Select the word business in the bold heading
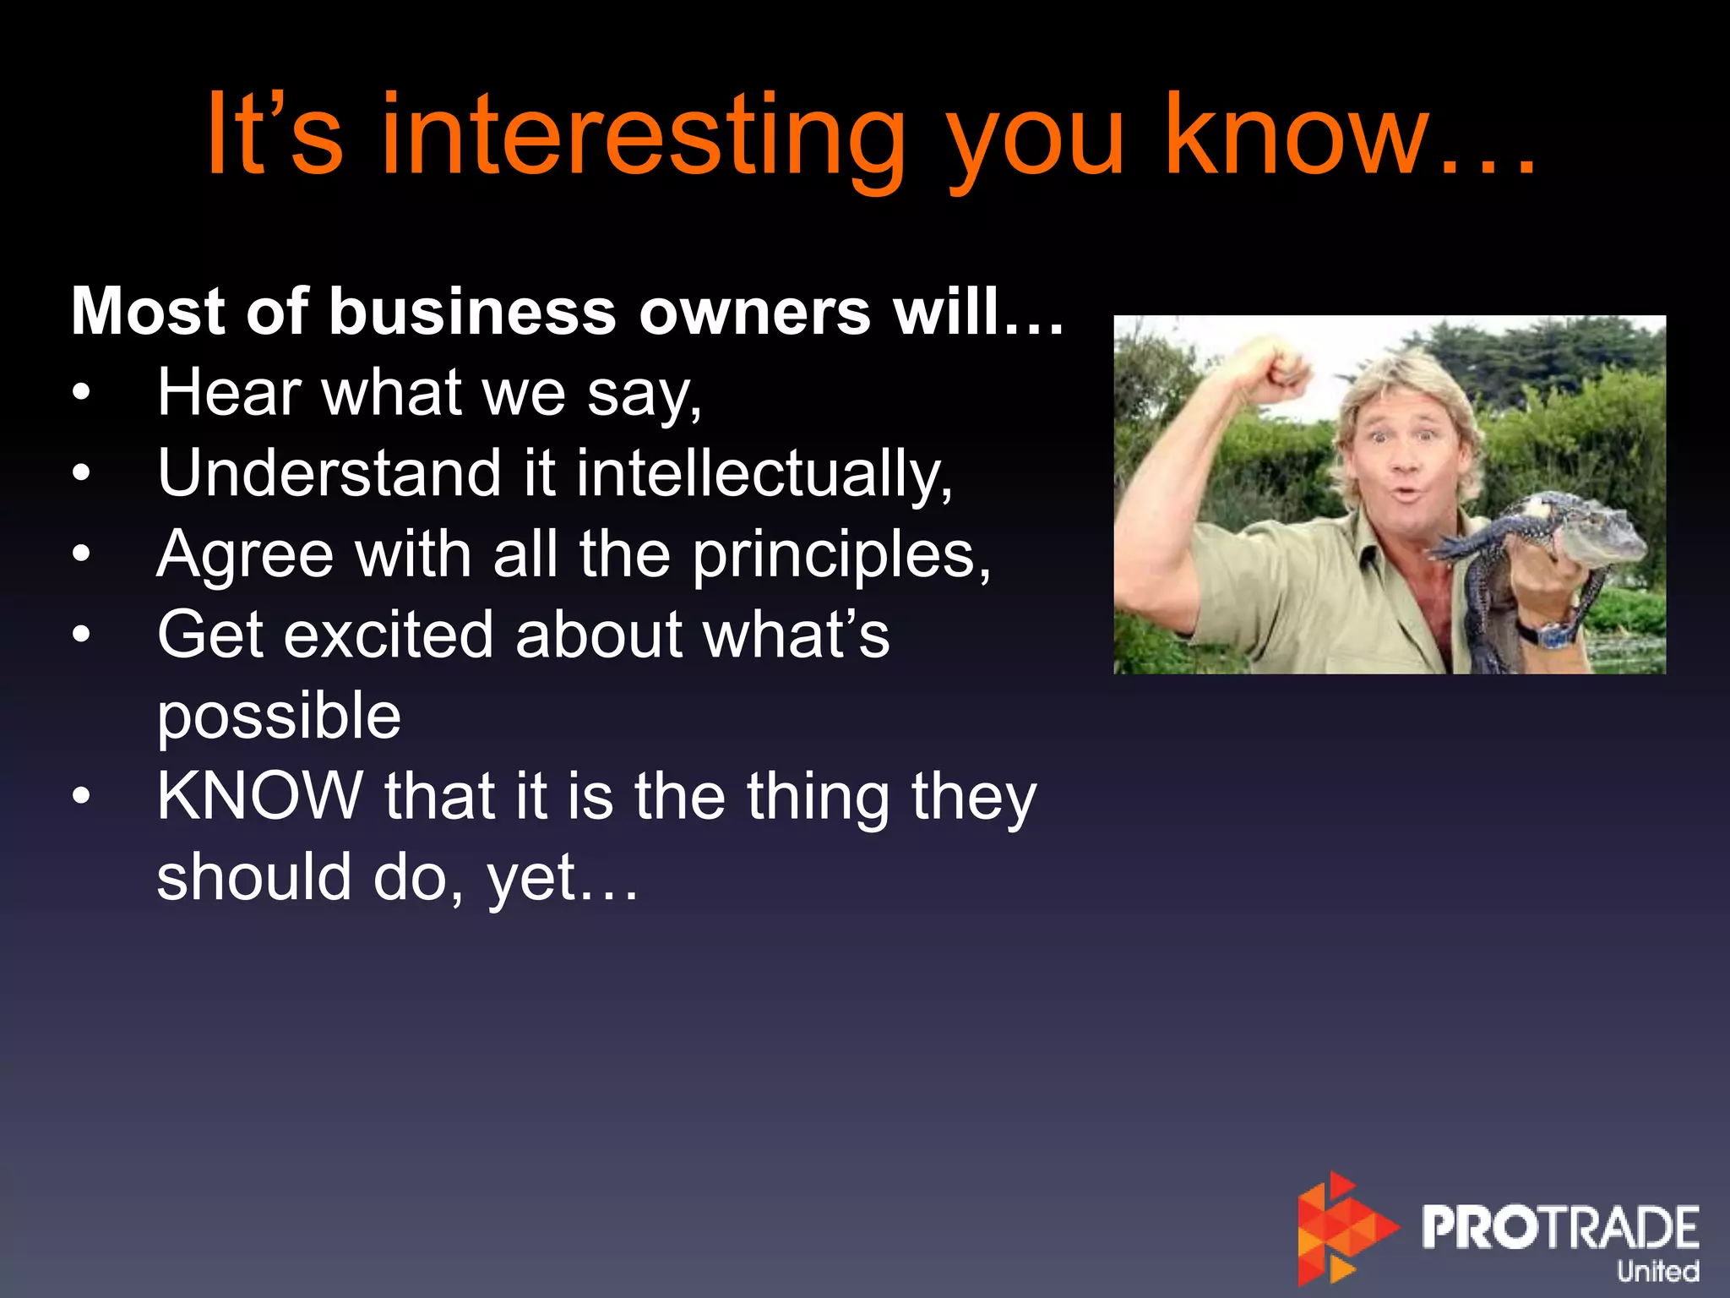(x=472, y=312)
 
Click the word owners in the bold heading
(x=754, y=312)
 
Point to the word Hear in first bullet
(x=230, y=392)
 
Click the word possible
(x=279, y=716)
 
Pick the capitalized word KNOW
(x=259, y=796)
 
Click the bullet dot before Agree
(x=81, y=554)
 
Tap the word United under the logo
(x=1657, y=1270)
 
